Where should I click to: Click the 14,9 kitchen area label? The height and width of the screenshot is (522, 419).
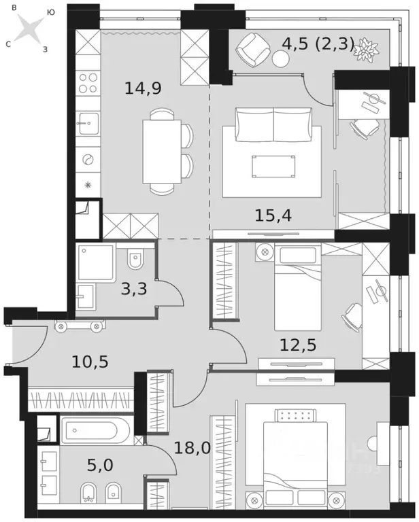click(143, 88)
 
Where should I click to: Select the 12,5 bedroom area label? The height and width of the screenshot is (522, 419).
click(299, 345)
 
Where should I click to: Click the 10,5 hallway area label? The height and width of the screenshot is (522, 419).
click(90, 361)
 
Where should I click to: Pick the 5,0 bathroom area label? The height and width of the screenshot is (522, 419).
click(100, 466)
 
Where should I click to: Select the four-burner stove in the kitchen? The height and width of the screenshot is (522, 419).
click(88, 83)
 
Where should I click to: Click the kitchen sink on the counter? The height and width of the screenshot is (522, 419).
click(88, 123)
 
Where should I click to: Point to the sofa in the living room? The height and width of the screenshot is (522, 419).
click(273, 124)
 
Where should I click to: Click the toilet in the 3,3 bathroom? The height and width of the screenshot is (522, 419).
click(135, 259)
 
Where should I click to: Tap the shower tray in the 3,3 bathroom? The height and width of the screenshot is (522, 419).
click(95, 262)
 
